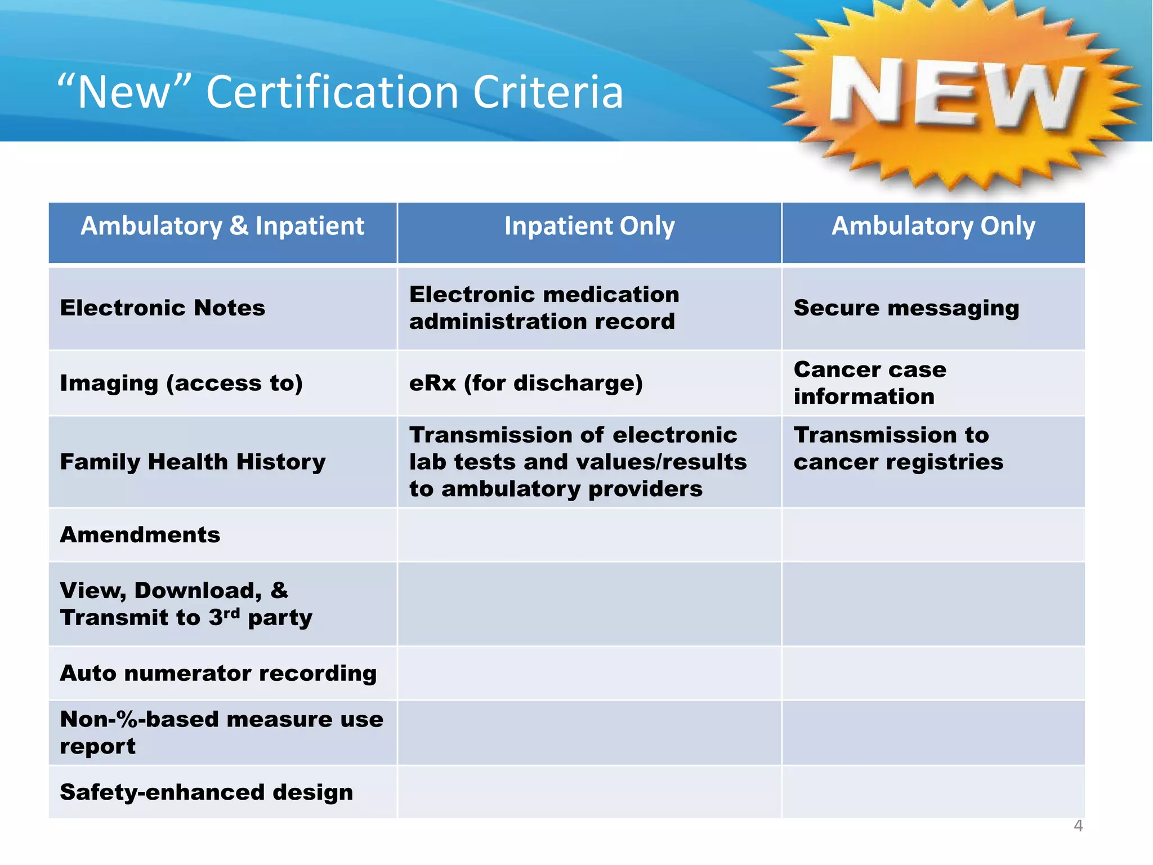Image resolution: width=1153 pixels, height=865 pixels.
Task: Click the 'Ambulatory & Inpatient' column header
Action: click(222, 226)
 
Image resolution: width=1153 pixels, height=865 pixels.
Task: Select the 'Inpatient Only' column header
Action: click(589, 226)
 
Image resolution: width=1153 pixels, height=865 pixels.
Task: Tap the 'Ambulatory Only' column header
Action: click(933, 226)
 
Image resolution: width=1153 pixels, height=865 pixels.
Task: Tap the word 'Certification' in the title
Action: click(333, 92)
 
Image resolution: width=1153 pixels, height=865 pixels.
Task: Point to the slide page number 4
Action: click(1078, 826)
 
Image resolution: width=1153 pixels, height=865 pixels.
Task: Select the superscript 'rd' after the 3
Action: click(231, 612)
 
